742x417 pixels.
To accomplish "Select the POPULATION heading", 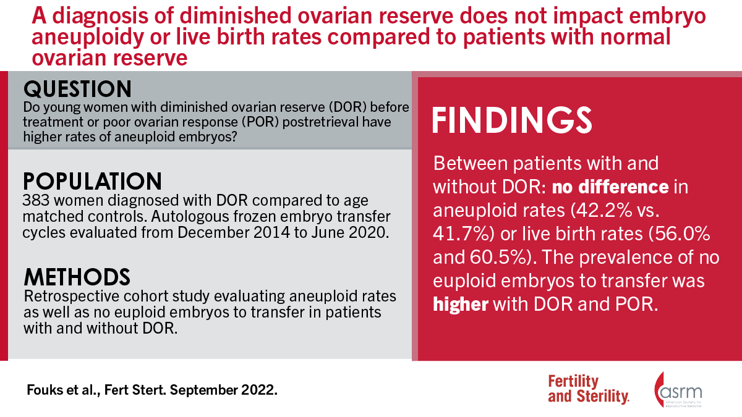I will click(x=93, y=181).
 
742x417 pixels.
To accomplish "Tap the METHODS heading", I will click(x=77, y=275).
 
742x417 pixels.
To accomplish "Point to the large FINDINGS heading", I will click(x=512, y=120).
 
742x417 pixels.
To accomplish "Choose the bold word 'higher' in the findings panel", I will click(x=459, y=305).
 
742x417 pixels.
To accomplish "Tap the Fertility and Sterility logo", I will click(x=589, y=389).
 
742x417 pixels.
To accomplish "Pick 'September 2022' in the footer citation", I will click(x=229, y=390).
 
